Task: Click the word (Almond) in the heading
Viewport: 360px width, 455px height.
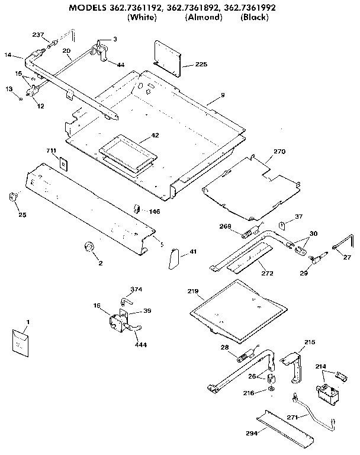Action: coord(203,17)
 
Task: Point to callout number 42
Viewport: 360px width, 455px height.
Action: coord(155,136)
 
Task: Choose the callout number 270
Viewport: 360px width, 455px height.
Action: coord(279,152)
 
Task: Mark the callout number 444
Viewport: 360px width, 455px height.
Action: coord(141,344)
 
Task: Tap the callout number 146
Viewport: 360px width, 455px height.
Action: coord(154,212)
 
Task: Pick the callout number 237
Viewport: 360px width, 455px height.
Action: coord(38,35)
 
